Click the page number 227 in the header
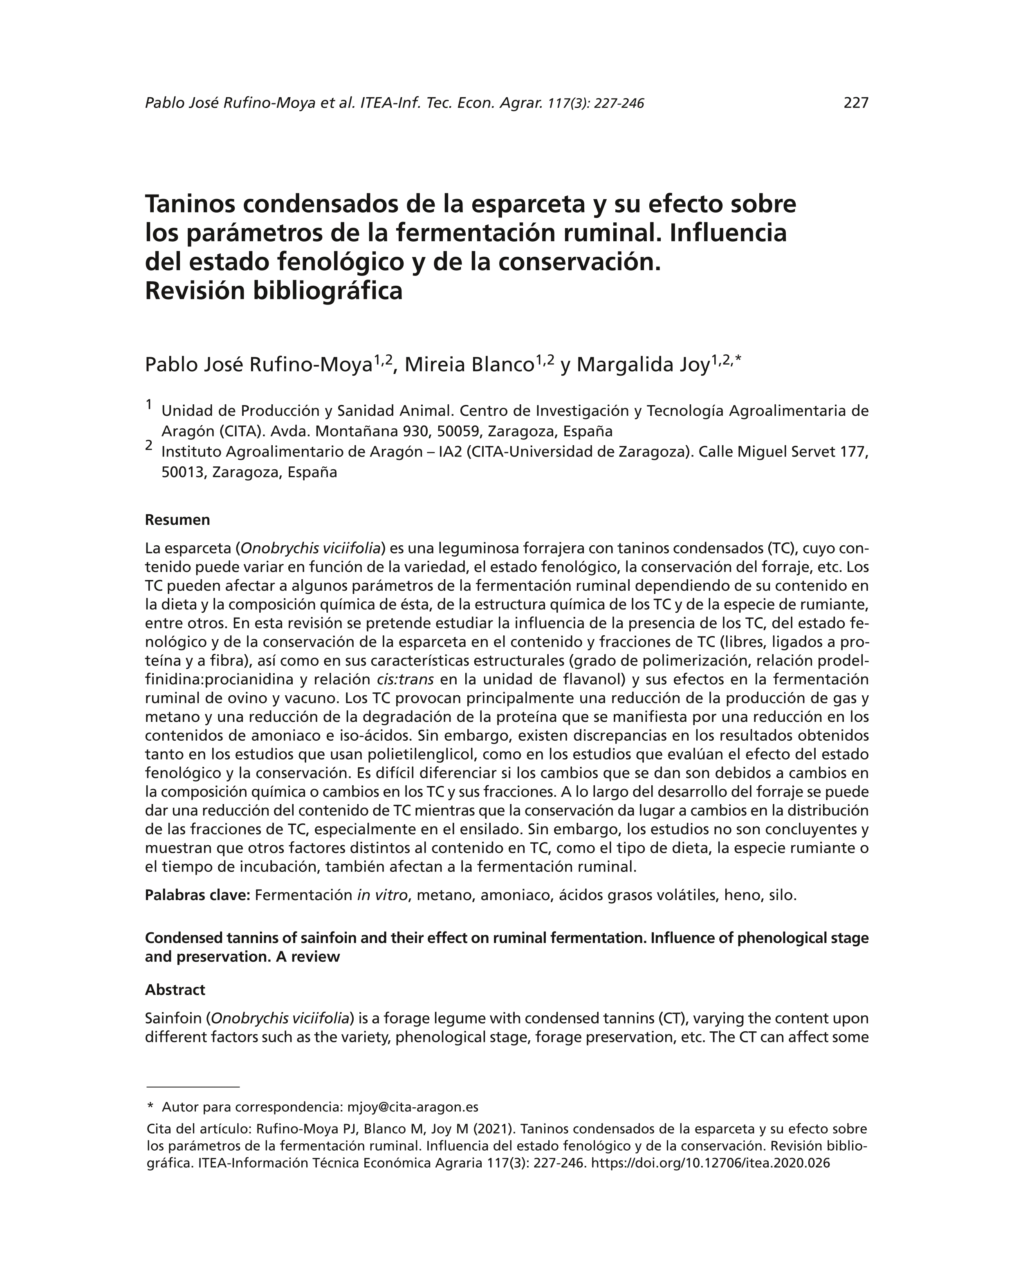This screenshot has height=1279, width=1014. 856,103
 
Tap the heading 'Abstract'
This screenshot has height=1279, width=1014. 175,990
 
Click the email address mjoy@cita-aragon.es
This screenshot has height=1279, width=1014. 413,1107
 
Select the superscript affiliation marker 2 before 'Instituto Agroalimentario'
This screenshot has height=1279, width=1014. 149,445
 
